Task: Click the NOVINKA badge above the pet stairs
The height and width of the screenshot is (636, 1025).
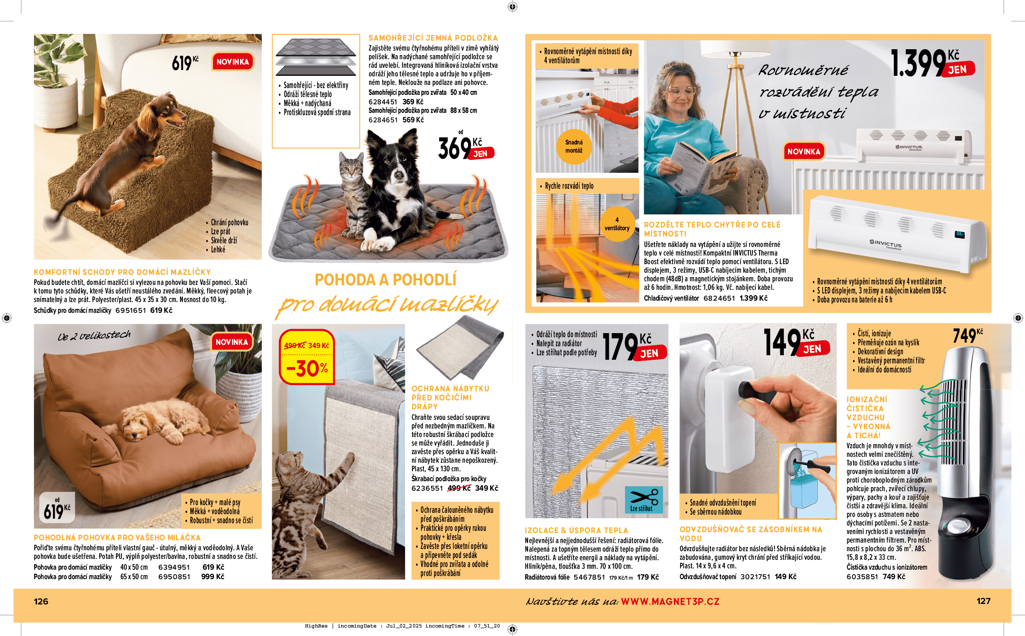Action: pyautogui.click(x=232, y=62)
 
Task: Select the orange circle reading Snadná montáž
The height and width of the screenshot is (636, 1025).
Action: pyautogui.click(x=574, y=146)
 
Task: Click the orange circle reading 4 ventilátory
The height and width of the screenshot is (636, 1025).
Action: pyautogui.click(x=617, y=224)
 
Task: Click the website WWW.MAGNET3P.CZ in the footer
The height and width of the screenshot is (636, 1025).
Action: pyautogui.click(x=670, y=602)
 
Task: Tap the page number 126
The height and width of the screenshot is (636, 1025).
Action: pyautogui.click(x=41, y=602)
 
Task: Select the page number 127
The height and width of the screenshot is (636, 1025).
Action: pyautogui.click(x=983, y=601)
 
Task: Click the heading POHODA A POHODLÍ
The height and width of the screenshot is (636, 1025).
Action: pyautogui.click(x=385, y=280)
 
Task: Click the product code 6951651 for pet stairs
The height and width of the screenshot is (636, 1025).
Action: pyautogui.click(x=130, y=311)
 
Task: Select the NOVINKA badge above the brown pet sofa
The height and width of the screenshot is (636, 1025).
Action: pyautogui.click(x=232, y=342)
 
